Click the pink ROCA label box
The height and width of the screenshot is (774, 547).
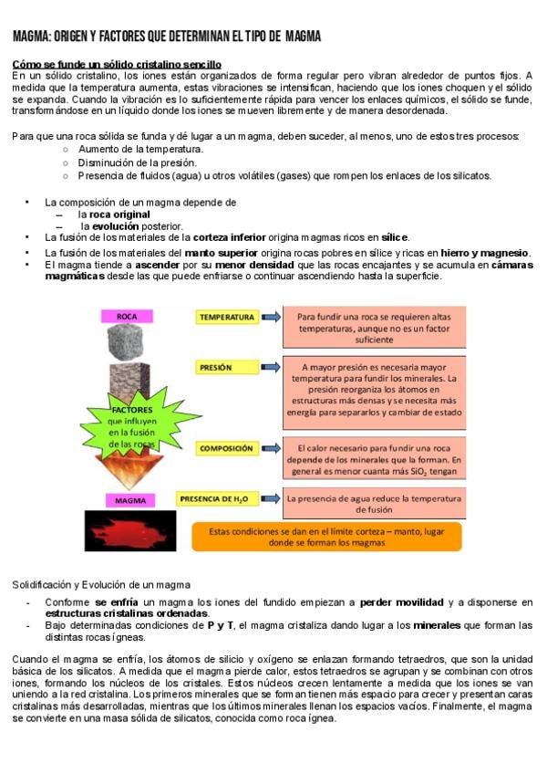click(x=127, y=317)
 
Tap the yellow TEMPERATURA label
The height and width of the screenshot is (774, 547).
click(x=227, y=317)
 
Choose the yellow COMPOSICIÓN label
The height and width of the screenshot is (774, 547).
click(x=226, y=449)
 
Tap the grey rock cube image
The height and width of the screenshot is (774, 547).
click(x=127, y=343)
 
